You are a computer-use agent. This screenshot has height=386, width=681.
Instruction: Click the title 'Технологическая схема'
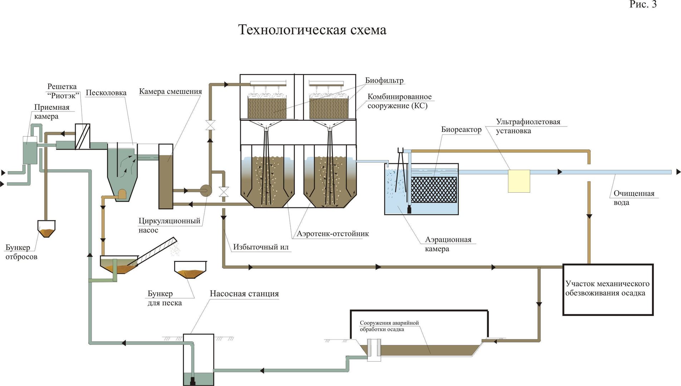(x=312, y=30)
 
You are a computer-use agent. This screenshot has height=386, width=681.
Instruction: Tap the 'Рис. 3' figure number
(x=643, y=4)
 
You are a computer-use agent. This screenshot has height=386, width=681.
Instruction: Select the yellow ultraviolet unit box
(x=519, y=181)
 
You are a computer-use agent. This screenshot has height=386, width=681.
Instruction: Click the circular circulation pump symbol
(x=206, y=190)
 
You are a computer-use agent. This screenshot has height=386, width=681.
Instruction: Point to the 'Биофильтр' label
(x=384, y=80)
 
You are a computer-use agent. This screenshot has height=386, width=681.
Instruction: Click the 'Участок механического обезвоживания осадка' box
(x=608, y=289)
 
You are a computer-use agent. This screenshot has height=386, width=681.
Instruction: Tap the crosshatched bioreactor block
(x=434, y=189)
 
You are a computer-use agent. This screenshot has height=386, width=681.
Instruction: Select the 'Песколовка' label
(x=106, y=93)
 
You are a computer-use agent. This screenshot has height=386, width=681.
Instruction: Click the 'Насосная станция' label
(x=244, y=294)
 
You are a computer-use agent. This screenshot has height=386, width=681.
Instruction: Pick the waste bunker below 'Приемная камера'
(x=46, y=229)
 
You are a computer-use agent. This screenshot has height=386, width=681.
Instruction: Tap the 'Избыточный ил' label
(x=261, y=247)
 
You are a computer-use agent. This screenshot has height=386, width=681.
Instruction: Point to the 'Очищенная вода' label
(x=634, y=198)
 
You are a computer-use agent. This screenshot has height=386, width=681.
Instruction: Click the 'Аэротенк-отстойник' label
(x=333, y=234)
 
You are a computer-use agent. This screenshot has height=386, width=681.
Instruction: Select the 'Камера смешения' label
(x=170, y=91)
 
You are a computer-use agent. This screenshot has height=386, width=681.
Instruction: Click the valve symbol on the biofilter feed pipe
(x=210, y=125)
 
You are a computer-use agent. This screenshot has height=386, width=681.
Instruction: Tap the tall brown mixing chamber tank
(x=166, y=176)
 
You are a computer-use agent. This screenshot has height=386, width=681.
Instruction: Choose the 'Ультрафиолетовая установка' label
(x=528, y=126)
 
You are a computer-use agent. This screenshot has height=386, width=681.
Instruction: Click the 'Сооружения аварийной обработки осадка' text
(x=389, y=326)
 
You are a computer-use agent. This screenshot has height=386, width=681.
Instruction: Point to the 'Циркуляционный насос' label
(x=169, y=226)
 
